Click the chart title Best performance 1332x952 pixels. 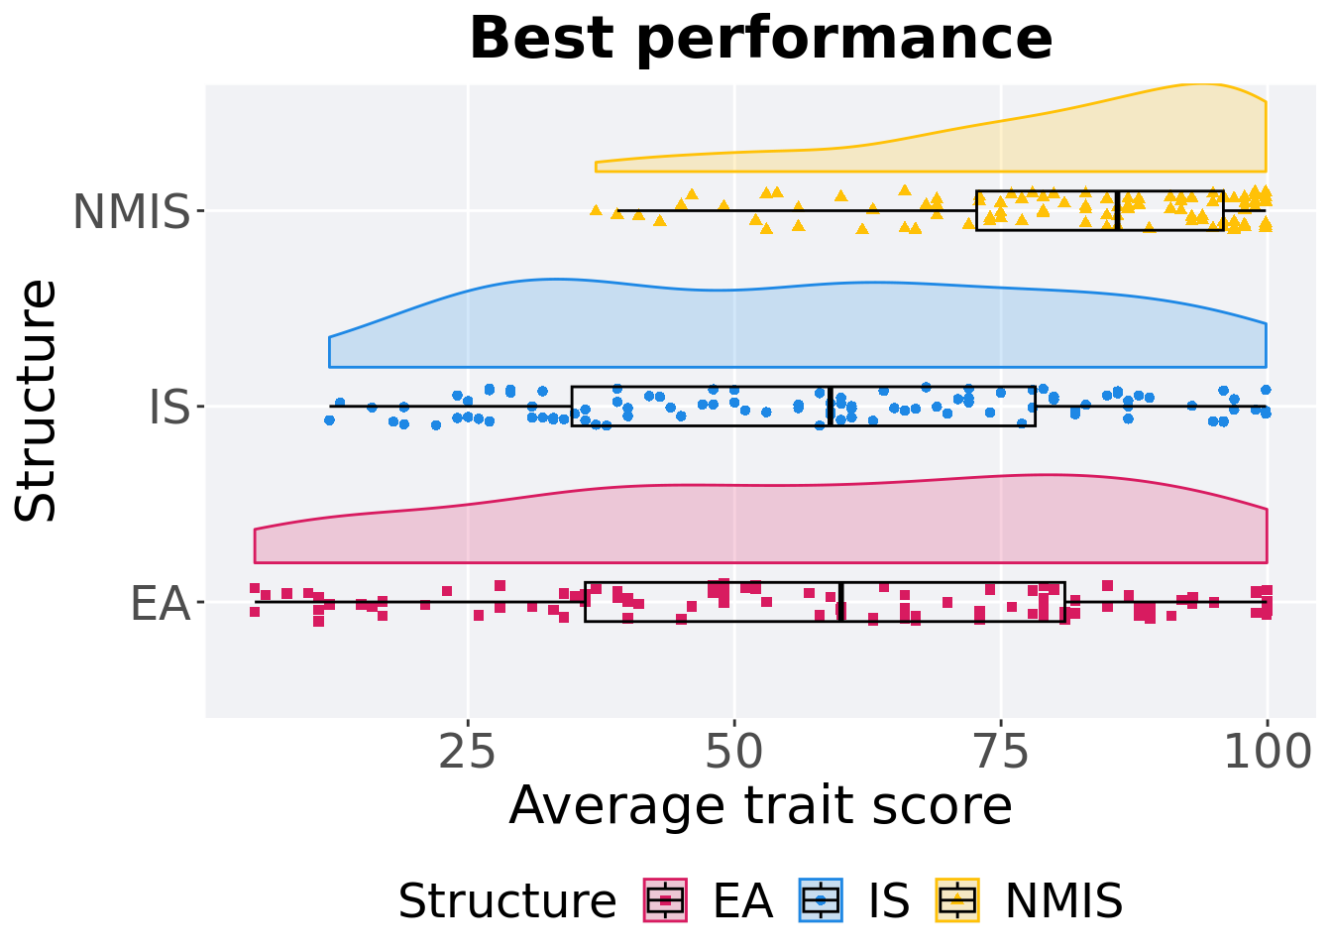click(760, 40)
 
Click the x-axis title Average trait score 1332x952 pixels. click(760, 805)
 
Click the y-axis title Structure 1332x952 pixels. click(38, 401)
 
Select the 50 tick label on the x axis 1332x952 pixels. click(733, 754)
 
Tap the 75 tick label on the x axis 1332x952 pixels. click(1000, 754)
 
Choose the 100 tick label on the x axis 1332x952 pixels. click(1267, 754)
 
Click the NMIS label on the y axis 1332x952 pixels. click(131, 212)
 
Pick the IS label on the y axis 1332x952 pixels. click(168, 408)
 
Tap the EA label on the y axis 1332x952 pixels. click(160, 603)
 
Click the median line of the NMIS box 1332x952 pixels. click(1118, 210)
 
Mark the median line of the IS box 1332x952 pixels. click(830, 407)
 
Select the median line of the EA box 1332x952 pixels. click(841, 602)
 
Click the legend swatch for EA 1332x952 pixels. click(665, 900)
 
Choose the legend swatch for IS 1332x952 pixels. click(821, 900)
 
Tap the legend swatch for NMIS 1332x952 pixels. click(957, 900)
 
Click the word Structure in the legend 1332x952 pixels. click(506, 901)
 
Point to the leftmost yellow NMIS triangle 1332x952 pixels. click(596, 209)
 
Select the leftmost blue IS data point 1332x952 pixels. click(329, 419)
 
